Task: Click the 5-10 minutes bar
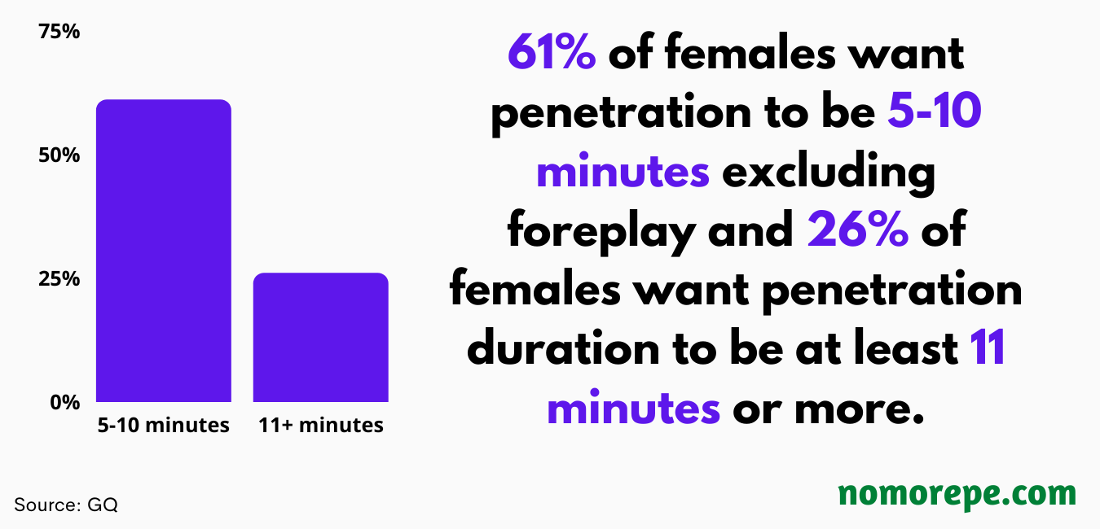164,251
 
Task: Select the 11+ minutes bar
321,337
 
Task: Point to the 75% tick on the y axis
59,32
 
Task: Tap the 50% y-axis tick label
59,155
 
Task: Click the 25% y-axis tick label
59,279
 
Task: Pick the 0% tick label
65,403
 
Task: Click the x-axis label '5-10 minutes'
164,425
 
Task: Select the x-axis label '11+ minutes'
321,425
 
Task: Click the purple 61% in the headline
552,52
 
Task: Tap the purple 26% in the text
858,230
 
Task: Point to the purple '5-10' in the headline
935,111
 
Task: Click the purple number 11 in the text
988,348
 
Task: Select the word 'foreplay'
601,231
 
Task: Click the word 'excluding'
829,172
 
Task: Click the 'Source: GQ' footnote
66,505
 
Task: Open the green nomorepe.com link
957,494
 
